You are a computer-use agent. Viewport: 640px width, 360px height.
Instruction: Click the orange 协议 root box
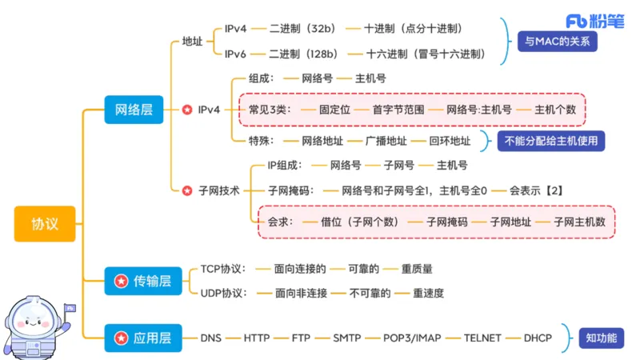coord(45,223)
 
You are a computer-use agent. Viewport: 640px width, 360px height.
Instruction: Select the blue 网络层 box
coord(134,109)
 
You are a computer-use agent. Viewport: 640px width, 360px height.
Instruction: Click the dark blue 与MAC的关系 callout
coord(557,41)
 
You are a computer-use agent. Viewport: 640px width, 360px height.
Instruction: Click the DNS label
coord(213,338)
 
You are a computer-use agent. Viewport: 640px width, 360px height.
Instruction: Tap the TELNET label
coord(482,338)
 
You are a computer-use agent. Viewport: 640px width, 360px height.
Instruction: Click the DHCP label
coord(538,338)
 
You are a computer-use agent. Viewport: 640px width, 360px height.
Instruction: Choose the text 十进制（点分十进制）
coord(414,28)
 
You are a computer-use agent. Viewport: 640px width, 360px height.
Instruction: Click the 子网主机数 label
coord(579,221)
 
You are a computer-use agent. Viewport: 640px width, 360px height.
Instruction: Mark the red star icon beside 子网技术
coord(186,190)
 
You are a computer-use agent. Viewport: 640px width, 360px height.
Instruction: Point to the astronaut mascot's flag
coord(70,307)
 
